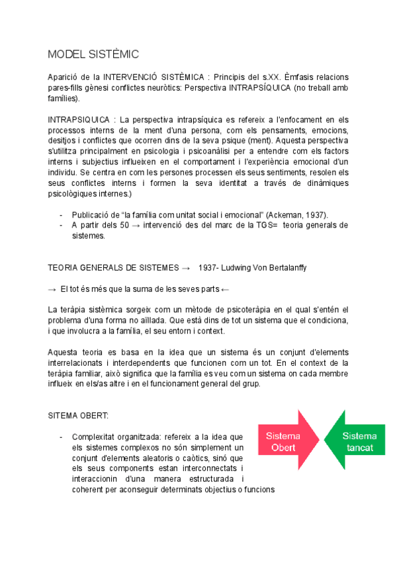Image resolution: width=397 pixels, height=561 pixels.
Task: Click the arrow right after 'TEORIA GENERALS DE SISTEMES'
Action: coord(185,267)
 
